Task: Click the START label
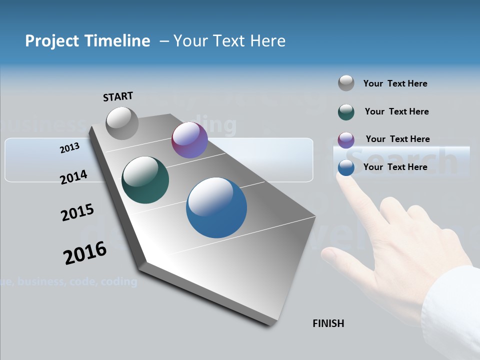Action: coord(118,96)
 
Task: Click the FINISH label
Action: coord(328,323)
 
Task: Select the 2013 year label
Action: coord(69,147)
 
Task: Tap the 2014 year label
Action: coord(73,177)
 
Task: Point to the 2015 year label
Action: coord(77,212)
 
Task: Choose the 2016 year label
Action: coord(85,253)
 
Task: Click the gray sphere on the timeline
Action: coord(122,123)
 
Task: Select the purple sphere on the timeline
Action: coord(189,140)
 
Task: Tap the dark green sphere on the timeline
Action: coord(145,180)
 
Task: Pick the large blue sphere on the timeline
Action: coord(216,207)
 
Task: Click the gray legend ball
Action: coord(346,83)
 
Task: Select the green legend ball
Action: coord(346,112)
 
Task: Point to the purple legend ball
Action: coord(346,140)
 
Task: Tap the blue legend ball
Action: coord(346,167)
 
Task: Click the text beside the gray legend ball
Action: coord(395,83)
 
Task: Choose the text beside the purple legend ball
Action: coord(397,139)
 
